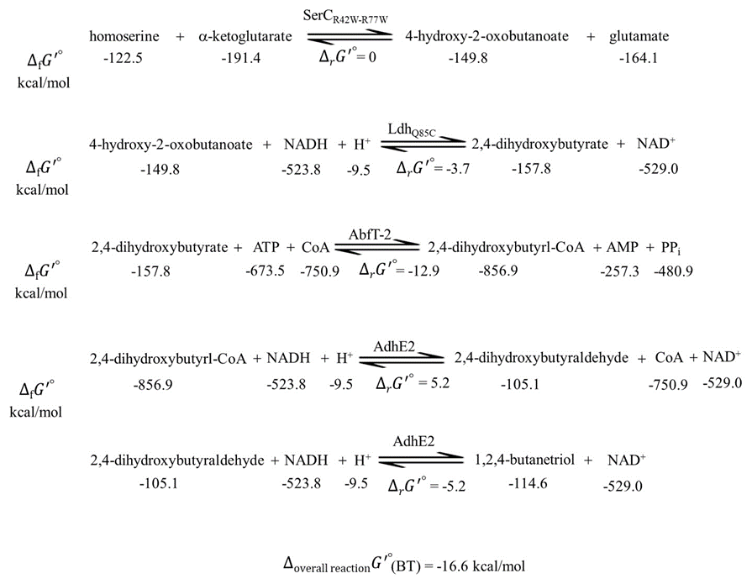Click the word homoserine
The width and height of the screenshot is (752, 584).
pos(124,36)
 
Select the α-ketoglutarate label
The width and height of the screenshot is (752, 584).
pos(245,36)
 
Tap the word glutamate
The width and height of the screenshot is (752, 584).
pos(639,36)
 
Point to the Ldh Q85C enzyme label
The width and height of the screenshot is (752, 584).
pos(412,129)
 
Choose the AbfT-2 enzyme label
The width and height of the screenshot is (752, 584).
pos(370,234)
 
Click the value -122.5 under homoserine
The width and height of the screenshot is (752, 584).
pos(124,58)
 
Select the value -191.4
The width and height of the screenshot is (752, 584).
pos(241,58)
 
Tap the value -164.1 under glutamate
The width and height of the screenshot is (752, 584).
pos(639,58)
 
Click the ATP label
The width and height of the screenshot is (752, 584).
pos(266,247)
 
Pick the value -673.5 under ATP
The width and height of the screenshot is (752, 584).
pos(266,271)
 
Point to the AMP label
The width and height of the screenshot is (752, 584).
pos(622,247)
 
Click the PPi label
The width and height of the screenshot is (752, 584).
pos(670,248)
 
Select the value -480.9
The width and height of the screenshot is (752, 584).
pos(673,271)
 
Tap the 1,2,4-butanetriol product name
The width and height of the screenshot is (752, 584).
pos(524,460)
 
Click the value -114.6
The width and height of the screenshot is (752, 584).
pos(528,483)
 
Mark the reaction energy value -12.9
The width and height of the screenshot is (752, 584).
pos(423,271)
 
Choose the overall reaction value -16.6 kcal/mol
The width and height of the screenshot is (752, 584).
pos(480,566)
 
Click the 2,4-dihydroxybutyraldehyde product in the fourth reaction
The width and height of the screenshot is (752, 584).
pos(541,358)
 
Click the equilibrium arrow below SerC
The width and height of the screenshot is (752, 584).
pos(350,36)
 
